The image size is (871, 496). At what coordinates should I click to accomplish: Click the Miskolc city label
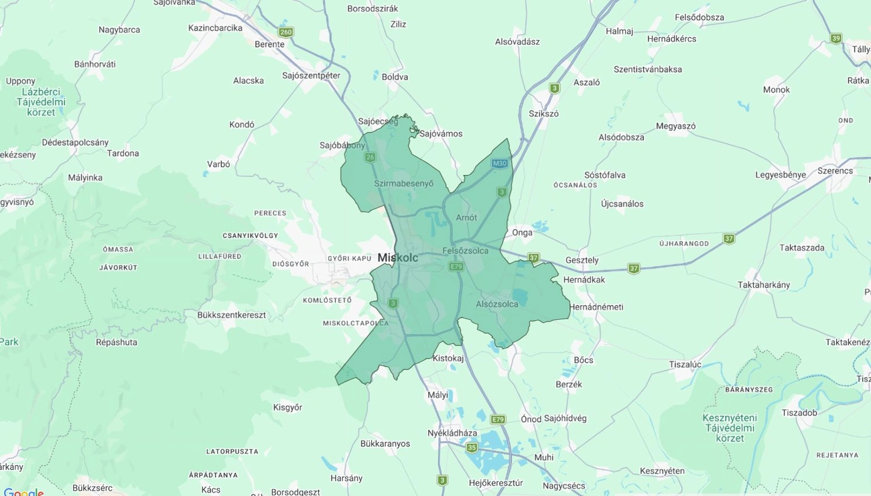[x=397, y=257]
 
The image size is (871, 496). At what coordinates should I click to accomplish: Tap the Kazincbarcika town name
[x=215, y=28]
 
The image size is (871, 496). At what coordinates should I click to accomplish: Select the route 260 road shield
[x=286, y=32]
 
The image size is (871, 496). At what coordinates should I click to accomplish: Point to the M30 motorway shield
[x=499, y=164]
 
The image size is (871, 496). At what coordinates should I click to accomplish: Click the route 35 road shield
[x=472, y=448]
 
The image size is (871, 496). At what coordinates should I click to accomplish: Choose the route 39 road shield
[x=835, y=38]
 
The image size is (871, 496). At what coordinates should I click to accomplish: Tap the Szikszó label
[x=543, y=113]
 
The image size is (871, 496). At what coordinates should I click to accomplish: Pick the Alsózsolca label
[x=496, y=304]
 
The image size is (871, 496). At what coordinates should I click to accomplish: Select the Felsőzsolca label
[x=466, y=251]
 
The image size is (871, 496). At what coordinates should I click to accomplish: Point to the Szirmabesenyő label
[x=403, y=183]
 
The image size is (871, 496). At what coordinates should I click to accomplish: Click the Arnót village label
[x=466, y=217]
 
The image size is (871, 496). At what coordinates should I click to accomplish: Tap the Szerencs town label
[x=835, y=170]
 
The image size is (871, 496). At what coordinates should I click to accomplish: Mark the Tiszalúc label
[x=685, y=364]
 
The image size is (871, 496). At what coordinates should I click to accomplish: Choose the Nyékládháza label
[x=452, y=433]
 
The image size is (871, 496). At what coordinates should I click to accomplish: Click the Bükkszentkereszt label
[x=231, y=314]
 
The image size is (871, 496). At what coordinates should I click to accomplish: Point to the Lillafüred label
[x=220, y=256]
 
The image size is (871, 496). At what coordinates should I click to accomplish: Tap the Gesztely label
[x=582, y=260]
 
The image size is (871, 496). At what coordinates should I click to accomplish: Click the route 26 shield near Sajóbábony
[x=370, y=158]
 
